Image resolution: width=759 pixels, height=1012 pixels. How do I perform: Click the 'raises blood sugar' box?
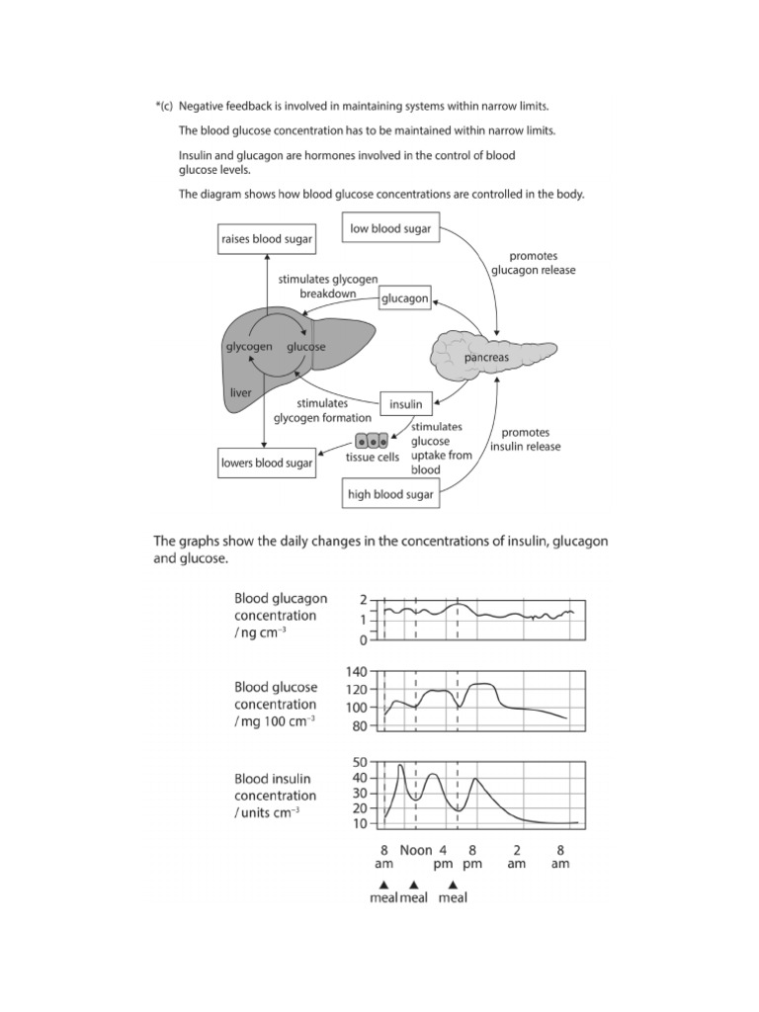(x=266, y=239)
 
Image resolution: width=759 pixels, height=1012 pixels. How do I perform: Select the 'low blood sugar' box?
(x=389, y=229)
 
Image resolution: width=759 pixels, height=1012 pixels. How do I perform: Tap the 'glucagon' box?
(x=405, y=297)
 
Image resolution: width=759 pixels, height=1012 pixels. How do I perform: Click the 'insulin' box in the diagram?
(x=405, y=403)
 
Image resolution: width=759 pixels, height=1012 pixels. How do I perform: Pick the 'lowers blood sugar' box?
(x=267, y=463)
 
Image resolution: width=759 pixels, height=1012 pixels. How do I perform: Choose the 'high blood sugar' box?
(x=390, y=494)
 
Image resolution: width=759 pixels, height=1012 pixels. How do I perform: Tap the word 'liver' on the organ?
(x=240, y=392)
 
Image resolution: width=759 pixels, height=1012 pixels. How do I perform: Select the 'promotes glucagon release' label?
(x=533, y=263)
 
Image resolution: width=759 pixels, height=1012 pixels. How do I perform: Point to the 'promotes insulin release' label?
(x=531, y=440)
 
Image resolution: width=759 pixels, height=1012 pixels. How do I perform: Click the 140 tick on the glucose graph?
(x=357, y=671)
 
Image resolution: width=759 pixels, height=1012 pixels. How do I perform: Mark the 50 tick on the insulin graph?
(x=360, y=763)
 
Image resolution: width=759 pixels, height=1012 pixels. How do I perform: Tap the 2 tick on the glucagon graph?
(x=363, y=600)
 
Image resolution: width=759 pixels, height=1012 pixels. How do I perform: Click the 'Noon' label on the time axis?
(x=416, y=849)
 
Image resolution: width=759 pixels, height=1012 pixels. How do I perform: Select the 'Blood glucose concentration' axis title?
(x=275, y=705)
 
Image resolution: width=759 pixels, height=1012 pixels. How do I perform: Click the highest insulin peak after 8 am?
(x=400, y=765)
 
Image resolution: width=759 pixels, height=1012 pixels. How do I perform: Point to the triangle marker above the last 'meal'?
(x=453, y=884)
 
